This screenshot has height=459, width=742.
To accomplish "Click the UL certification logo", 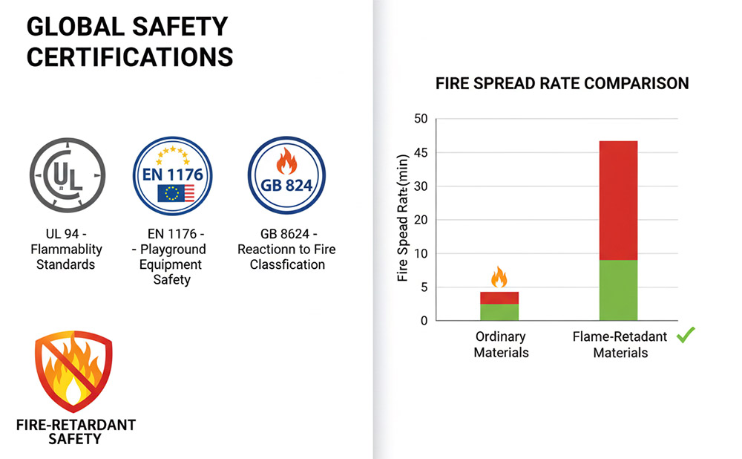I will (68, 176).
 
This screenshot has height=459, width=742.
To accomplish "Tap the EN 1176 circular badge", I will (172, 176).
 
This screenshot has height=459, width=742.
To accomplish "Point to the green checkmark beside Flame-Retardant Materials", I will (686, 336).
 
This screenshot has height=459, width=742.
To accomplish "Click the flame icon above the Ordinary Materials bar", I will (499, 278).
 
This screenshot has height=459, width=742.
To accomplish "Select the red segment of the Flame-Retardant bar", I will (618, 200).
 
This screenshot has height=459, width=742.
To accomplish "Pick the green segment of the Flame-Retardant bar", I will (618, 290).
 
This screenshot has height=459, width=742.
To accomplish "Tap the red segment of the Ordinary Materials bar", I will (499, 298).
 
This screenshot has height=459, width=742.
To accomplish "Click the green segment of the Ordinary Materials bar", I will (499, 313).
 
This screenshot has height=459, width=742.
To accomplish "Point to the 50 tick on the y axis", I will (421, 119).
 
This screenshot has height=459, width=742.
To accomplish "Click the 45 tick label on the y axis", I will (421, 153).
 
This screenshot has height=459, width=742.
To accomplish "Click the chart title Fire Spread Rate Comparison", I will (562, 83).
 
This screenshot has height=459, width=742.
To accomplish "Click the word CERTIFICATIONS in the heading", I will (130, 57).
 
